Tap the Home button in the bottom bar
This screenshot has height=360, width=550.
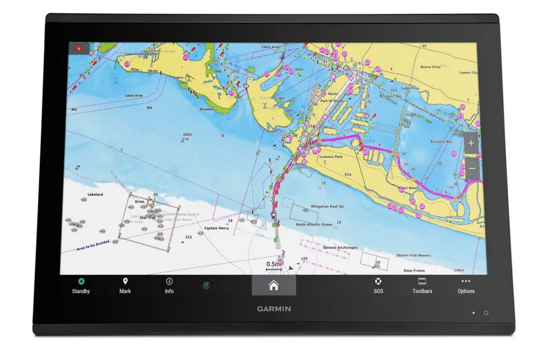click(x=273, y=285)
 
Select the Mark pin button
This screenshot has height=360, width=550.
click(x=125, y=285)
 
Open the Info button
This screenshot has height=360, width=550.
click(x=169, y=285)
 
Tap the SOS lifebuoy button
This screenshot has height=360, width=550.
click(x=378, y=285)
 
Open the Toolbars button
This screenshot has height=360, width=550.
click(x=422, y=285)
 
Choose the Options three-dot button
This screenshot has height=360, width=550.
click(x=466, y=285)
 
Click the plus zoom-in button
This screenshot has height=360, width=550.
click(x=471, y=144)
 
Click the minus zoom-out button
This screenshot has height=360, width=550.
click(x=471, y=168)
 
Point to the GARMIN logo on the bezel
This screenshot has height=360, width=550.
click(x=274, y=309)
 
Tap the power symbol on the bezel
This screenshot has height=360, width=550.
click(x=486, y=312)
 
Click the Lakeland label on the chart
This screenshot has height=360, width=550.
click(x=95, y=194)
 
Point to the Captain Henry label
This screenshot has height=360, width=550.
click(x=216, y=229)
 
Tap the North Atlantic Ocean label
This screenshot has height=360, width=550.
click(x=314, y=224)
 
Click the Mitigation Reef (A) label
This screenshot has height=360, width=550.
click(x=328, y=207)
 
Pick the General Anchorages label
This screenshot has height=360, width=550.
click(x=340, y=248)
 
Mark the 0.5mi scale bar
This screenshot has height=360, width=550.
click(x=274, y=265)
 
